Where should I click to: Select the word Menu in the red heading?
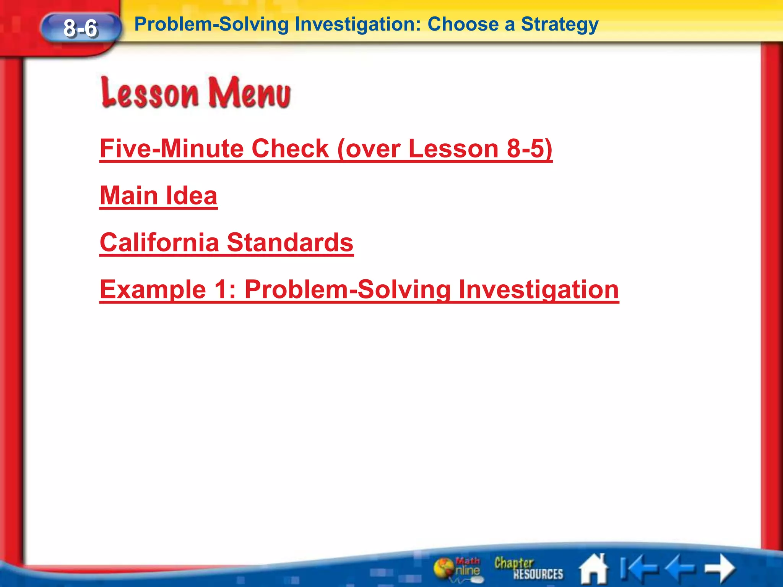(249, 93)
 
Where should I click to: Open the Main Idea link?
(158, 195)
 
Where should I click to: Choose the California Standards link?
(226, 242)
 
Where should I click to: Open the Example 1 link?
(359, 289)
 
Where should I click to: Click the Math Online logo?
(457, 569)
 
